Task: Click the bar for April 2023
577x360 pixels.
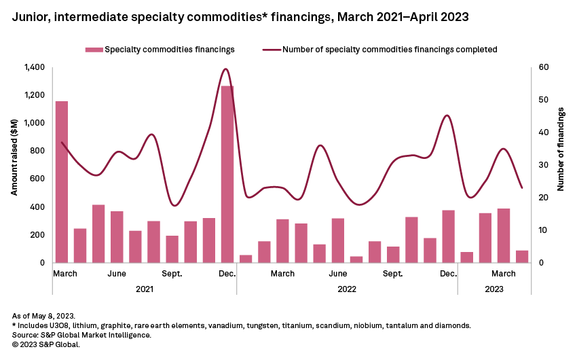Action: point(522,256)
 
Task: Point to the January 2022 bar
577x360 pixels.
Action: point(246,259)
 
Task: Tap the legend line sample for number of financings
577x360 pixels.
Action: point(271,50)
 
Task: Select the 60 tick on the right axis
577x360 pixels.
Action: point(543,67)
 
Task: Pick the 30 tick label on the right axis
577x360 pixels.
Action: point(543,165)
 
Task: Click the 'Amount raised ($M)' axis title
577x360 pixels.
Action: point(14,165)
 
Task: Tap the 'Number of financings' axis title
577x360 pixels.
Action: point(561,165)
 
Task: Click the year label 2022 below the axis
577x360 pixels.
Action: point(346,289)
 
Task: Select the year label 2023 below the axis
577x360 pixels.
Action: point(494,289)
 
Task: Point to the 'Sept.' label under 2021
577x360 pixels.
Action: point(172,274)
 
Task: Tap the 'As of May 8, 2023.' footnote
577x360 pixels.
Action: point(44,317)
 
